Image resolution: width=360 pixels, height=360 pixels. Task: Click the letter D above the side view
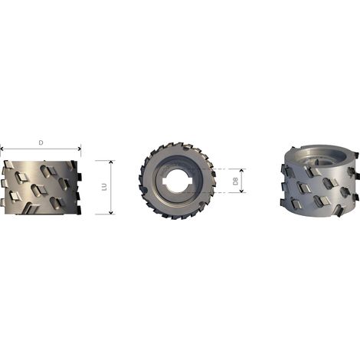[41, 142]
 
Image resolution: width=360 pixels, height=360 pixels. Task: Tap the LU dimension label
[104, 187]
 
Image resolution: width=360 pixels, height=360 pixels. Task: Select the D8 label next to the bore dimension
[235, 181]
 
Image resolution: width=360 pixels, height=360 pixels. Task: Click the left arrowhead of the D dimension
[2, 149]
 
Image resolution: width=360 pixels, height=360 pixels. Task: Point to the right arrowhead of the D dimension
[80, 149]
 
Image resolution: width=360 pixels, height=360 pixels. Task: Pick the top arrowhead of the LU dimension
[111, 162]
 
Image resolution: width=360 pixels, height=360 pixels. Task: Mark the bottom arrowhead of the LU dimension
[111, 212]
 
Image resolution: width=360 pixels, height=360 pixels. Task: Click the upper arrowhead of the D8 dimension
[241, 171]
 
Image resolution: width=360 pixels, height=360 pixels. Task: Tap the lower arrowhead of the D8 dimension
[241, 191]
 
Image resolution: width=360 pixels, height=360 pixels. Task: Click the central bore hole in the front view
[178, 181]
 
